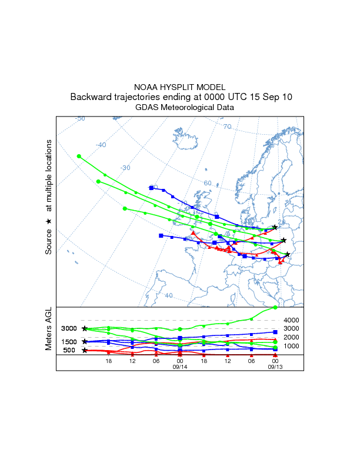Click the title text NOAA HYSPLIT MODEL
[181, 86]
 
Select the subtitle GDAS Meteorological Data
[181, 108]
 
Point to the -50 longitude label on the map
[80, 119]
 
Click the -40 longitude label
[101, 145]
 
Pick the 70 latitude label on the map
[227, 127]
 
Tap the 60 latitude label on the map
[207, 183]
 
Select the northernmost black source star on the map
[275, 227]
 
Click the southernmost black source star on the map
[288, 254]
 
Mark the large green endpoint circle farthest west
[78, 156]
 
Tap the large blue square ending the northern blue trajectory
[151, 188]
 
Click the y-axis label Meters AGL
[49, 330]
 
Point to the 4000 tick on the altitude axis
[292, 320]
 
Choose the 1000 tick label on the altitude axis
[292, 346]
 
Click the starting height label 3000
[69, 329]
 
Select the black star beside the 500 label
[85, 350]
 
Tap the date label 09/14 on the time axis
[179, 367]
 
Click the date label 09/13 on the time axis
[275, 367]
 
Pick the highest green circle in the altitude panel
[275, 308]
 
